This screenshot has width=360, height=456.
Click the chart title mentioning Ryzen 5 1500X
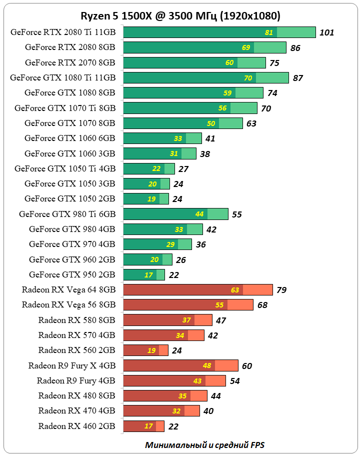coord(180,16)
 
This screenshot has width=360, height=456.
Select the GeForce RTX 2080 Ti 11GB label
coord(63,32)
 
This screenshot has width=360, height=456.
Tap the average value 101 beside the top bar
coord(326,33)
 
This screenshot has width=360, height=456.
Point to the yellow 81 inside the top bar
coord(269,32)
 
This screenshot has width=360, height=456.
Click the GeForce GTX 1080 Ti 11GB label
coord(63,77)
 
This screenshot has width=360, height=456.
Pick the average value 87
coord(298,78)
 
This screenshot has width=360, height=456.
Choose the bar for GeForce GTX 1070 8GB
coord(182,123)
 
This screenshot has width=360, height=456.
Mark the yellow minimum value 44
coord(199,214)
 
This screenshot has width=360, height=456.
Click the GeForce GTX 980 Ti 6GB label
coord(67,214)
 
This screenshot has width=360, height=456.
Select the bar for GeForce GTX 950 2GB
coord(143,274)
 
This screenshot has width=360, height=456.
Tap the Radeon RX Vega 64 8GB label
coord(69,289)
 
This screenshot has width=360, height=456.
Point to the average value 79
coord(281,290)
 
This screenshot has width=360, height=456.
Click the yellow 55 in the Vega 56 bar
coord(219,305)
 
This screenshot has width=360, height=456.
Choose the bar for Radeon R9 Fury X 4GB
coord(180,365)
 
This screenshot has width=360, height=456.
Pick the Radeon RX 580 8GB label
coord(77,320)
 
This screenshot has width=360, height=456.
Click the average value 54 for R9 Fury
coord(234,381)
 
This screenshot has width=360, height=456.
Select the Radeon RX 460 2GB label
coord(77,426)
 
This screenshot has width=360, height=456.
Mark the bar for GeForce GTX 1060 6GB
coord(162,138)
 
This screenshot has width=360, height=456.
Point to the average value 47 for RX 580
coord(221,320)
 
